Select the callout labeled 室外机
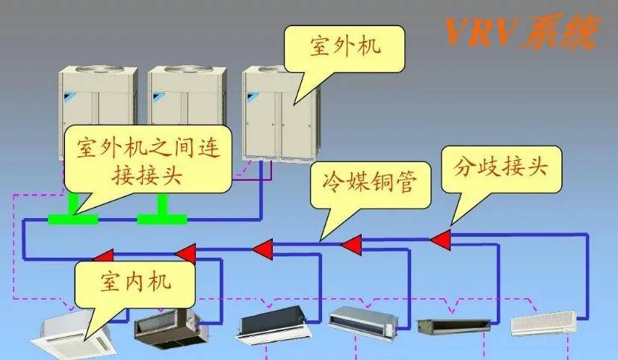[x=345, y=46]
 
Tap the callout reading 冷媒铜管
[x=368, y=183]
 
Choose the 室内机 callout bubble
[x=135, y=282]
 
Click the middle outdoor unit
[x=187, y=112]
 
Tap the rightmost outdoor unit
[x=281, y=112]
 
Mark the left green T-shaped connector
[x=72, y=214]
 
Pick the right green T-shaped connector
[x=161, y=214]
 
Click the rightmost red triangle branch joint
[x=440, y=239]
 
